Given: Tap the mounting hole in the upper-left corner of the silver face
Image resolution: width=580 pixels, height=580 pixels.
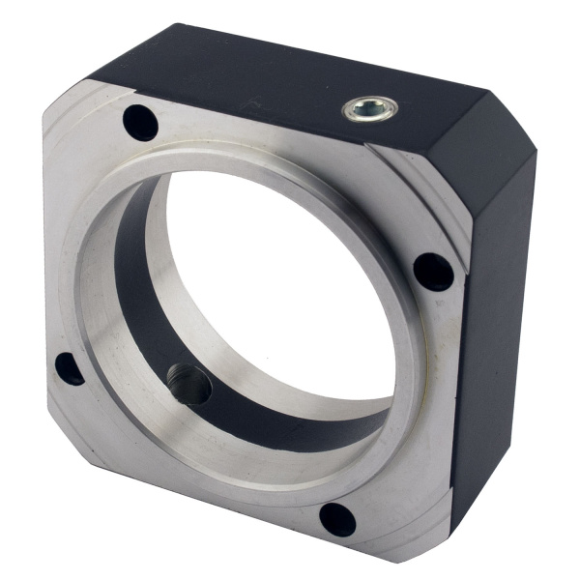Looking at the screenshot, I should (141, 122).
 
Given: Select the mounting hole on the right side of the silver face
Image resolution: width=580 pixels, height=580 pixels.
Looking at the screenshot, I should (434, 272).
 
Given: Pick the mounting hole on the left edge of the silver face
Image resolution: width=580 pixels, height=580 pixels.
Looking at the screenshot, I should (69, 367).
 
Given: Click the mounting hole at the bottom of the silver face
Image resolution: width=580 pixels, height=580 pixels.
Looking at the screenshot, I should (337, 519).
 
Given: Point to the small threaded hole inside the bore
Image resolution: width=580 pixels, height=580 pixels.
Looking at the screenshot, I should (188, 385).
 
